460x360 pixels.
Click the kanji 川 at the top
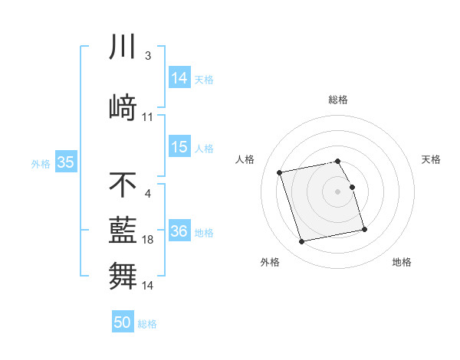(x=123, y=48)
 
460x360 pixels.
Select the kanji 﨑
(x=123, y=106)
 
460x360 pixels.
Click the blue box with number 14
(x=179, y=78)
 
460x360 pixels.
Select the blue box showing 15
(x=179, y=147)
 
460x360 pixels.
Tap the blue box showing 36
(x=179, y=231)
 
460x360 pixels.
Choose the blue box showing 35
(x=65, y=162)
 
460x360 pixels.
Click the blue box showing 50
(x=123, y=322)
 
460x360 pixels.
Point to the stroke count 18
(x=148, y=240)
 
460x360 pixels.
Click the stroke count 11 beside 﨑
(x=148, y=117)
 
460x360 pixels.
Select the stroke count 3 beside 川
(x=148, y=56)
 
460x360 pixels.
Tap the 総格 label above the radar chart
(x=338, y=100)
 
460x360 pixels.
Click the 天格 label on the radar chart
(x=431, y=159)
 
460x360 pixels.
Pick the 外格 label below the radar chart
(x=270, y=262)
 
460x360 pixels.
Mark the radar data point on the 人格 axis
(x=280, y=172)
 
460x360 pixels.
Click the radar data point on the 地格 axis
(x=364, y=230)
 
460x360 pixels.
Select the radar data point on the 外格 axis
(x=302, y=242)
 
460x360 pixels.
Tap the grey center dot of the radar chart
(x=338, y=191)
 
